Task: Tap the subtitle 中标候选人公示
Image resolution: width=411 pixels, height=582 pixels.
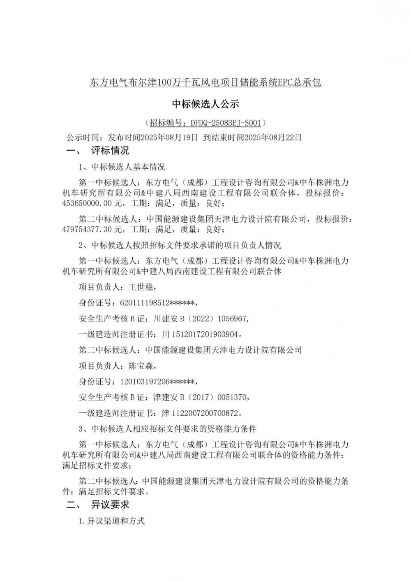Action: point(205,104)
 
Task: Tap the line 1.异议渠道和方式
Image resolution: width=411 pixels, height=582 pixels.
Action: point(112,521)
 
